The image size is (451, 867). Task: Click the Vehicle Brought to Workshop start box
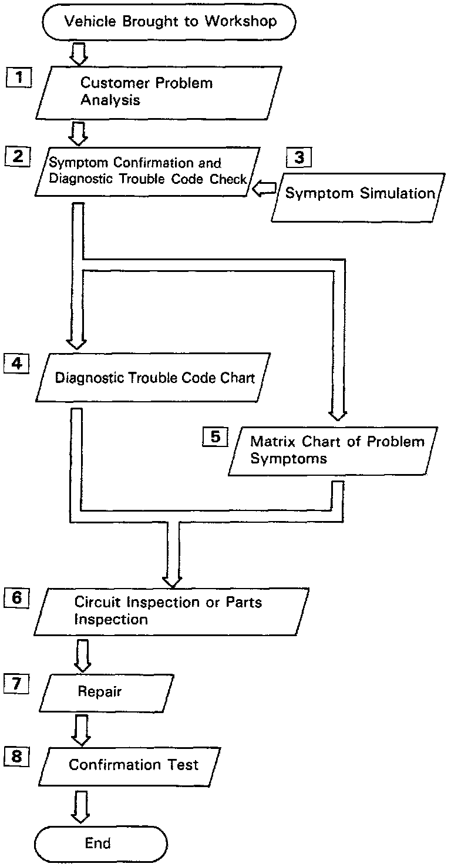point(169,22)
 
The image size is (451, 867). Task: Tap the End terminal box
point(99,844)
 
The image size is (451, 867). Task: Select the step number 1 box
point(19,78)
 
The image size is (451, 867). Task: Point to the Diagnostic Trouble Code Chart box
point(155,378)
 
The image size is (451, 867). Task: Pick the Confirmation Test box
point(133,765)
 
